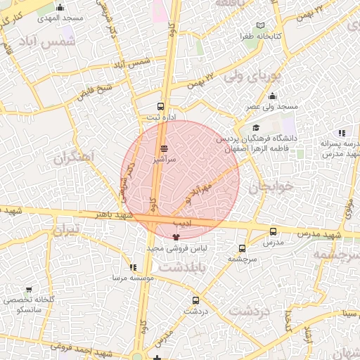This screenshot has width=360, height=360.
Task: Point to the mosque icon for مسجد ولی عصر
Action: (x=272, y=96)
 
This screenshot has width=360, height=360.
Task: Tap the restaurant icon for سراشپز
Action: (x=164, y=148)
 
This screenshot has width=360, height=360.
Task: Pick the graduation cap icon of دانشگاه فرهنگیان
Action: (x=256, y=127)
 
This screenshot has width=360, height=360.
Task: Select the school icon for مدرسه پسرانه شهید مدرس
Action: (x=342, y=132)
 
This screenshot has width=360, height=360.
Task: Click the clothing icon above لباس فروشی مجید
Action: (x=175, y=237)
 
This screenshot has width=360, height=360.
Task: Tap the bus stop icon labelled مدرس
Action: (x=273, y=231)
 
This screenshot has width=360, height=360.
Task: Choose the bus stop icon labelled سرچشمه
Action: (x=242, y=248)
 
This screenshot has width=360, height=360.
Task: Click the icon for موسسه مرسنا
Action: (x=133, y=267)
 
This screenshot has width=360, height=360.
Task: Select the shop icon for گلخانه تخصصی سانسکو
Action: (x=29, y=290)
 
